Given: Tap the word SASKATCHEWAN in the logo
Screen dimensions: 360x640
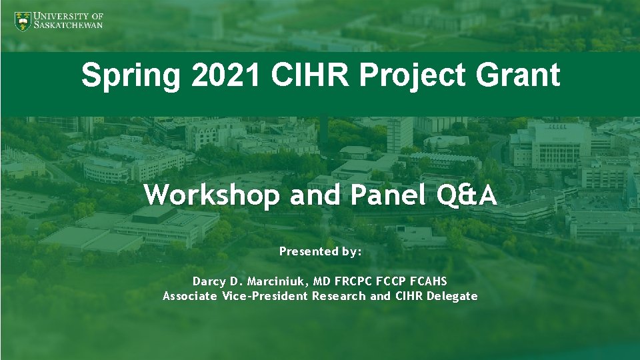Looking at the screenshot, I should pos(69,25).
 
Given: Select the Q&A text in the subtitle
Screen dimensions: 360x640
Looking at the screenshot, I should pos(458,195).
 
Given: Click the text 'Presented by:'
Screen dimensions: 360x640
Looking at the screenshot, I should pos(320,251).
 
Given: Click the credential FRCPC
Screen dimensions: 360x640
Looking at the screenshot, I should pos(360,281).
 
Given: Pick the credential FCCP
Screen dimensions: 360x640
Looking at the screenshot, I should pos(394,281).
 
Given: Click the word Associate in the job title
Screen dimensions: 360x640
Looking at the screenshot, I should pos(190,296).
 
